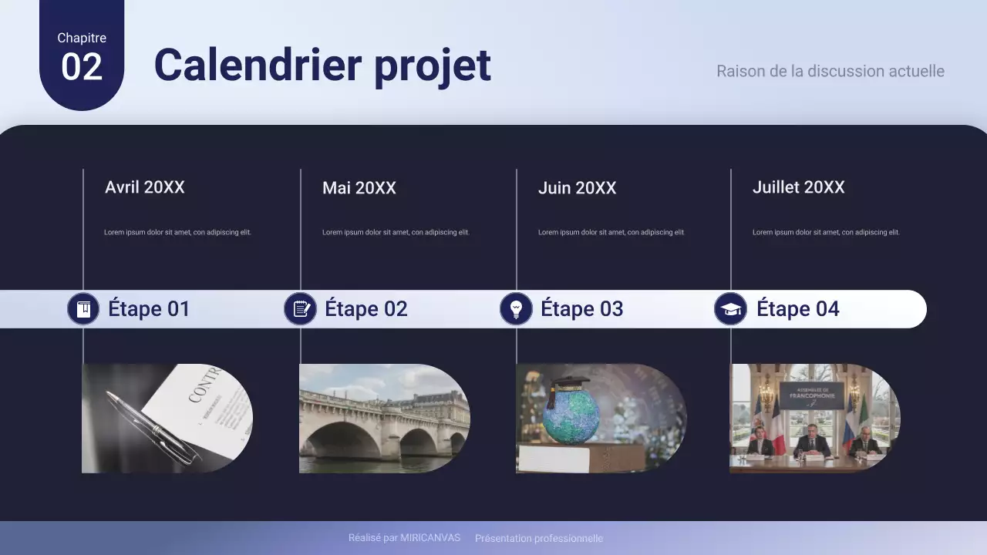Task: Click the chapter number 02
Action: (82, 67)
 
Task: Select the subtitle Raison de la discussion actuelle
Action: (830, 71)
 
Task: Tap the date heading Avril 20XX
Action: (145, 187)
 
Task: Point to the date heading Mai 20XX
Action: (359, 188)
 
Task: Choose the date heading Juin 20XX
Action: (577, 188)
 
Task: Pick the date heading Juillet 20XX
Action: (798, 187)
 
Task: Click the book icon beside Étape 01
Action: (83, 309)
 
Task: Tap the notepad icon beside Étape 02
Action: (301, 309)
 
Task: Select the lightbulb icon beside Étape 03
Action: (517, 309)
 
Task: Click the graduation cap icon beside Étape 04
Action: (730, 309)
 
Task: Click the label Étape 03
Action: (581, 309)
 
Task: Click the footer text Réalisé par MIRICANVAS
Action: (404, 538)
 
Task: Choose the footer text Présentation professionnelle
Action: (539, 539)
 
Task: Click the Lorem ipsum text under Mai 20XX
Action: (396, 232)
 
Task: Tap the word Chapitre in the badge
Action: (82, 38)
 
